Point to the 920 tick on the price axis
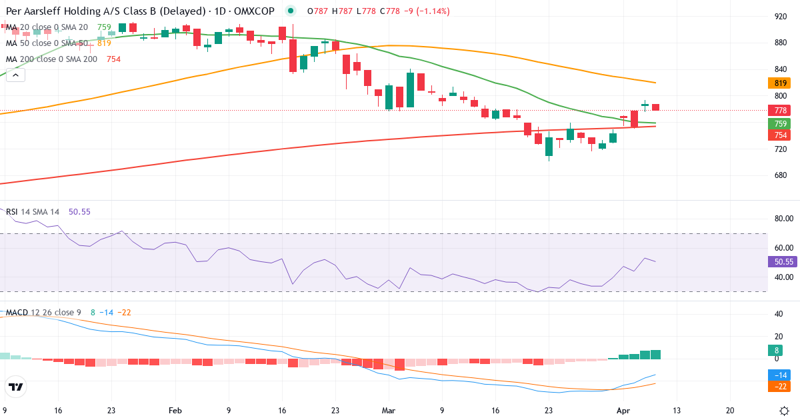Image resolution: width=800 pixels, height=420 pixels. (777, 16)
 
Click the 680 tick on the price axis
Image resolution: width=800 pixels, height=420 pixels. (777, 176)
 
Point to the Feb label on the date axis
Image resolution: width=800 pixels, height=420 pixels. (175, 411)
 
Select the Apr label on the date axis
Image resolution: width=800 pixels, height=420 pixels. (622, 411)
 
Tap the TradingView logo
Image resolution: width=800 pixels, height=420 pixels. (16, 387)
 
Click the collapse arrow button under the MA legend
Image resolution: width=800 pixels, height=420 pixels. (15, 75)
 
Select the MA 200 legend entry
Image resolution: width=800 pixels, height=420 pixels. (52, 59)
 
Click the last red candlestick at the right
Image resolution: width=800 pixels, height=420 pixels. (656, 107)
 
